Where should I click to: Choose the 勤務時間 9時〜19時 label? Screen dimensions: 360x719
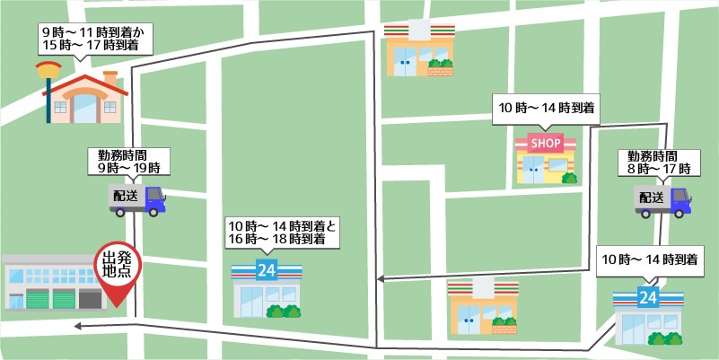(x=127, y=161)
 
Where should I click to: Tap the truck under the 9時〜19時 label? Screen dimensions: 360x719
(x=137, y=200)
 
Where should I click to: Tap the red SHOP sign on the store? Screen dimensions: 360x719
(x=546, y=143)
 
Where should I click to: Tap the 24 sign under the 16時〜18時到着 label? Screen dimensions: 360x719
(x=266, y=269)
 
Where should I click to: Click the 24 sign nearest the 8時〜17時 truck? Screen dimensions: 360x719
(x=647, y=295)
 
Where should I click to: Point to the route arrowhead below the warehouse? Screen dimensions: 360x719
(x=79, y=326)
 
